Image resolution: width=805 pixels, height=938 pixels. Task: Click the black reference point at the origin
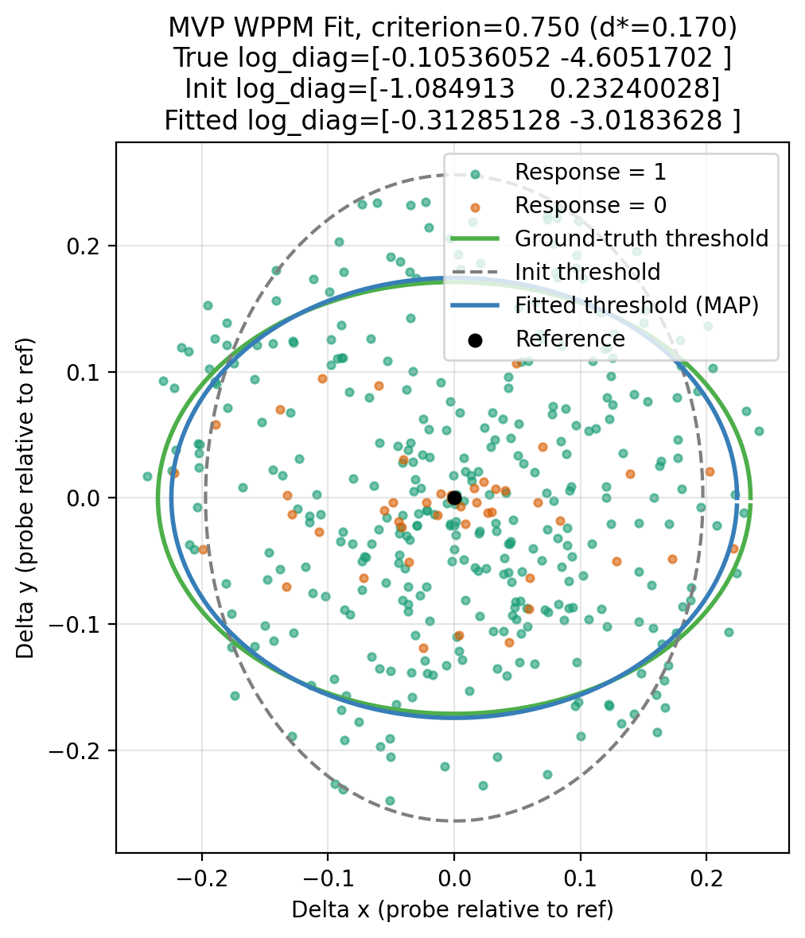(454, 498)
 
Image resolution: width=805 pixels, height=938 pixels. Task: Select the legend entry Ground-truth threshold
(641, 238)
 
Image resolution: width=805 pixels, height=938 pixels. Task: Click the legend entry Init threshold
(587, 272)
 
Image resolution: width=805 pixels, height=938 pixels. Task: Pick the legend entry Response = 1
(590, 172)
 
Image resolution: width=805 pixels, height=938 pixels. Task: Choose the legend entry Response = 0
(590, 205)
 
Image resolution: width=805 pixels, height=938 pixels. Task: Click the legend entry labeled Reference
(570, 339)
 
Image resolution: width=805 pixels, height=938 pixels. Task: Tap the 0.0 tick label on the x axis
(454, 874)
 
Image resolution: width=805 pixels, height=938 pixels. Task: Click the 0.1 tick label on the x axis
(580, 874)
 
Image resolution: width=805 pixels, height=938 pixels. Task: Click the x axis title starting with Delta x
(453, 909)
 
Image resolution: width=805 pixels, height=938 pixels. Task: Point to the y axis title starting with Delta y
(25, 498)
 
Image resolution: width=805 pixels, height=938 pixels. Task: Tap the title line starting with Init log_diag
(453, 87)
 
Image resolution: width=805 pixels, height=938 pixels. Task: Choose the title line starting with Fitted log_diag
(453, 119)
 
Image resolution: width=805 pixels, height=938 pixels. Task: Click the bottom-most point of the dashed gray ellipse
(454, 821)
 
